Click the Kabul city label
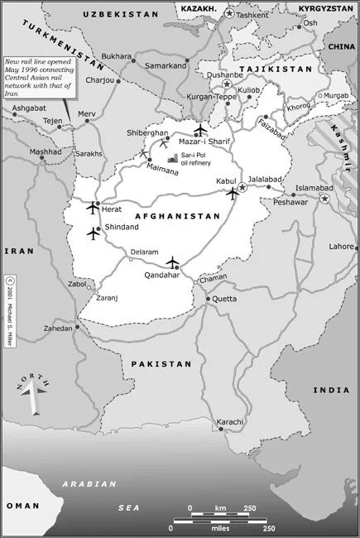coord(226,180)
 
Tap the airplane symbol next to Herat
coord(92,207)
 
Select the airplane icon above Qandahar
coord(172,262)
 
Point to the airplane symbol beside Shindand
coord(93,233)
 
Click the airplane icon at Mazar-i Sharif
coord(199,129)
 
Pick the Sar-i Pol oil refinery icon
coord(173,157)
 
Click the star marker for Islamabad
coord(325,199)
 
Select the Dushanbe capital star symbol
coord(225,86)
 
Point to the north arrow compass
coord(32,393)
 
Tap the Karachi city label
coord(229,422)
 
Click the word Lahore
coord(340,246)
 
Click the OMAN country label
coord(22,505)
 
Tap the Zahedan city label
coord(60,328)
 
